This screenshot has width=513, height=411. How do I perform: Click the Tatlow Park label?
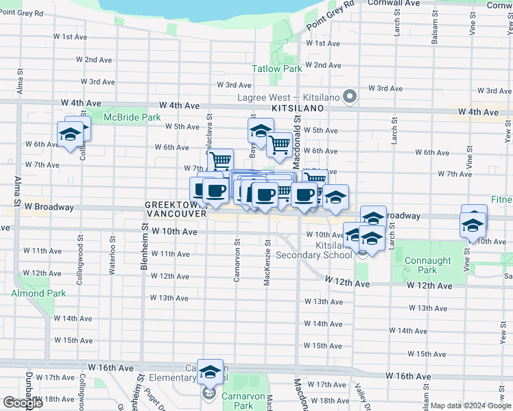click(x=276, y=69)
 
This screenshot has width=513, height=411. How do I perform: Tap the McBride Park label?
click(x=132, y=118)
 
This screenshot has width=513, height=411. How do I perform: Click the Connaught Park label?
click(x=427, y=265)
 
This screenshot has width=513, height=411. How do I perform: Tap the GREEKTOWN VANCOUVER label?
click(x=176, y=210)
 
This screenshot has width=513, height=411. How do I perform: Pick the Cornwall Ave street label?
click(x=394, y=3)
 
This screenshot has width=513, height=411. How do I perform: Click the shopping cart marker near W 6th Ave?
click(x=278, y=145)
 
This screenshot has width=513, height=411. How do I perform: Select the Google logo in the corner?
click(x=23, y=403)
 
